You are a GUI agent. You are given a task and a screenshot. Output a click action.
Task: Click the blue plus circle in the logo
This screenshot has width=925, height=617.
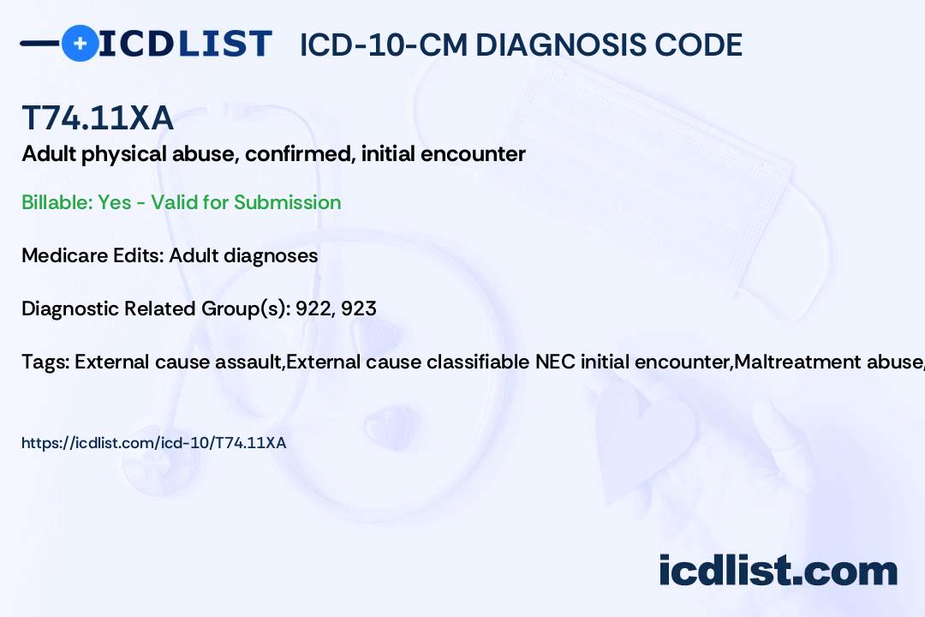point(80,43)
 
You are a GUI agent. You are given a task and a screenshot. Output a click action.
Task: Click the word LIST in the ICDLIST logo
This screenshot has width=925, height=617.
point(224,45)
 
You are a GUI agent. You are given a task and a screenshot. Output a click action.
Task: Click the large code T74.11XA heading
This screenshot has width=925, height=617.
point(98,117)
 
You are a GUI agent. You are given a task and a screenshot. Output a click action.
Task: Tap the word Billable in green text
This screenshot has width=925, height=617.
point(57,202)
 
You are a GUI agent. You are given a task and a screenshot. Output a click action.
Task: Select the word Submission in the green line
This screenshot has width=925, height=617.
point(287,202)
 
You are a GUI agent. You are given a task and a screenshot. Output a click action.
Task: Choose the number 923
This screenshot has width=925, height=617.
point(359,308)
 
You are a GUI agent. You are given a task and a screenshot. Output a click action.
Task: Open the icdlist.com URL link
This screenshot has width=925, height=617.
point(153,443)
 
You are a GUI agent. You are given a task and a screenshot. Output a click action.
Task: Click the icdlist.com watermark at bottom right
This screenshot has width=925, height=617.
point(778,570)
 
